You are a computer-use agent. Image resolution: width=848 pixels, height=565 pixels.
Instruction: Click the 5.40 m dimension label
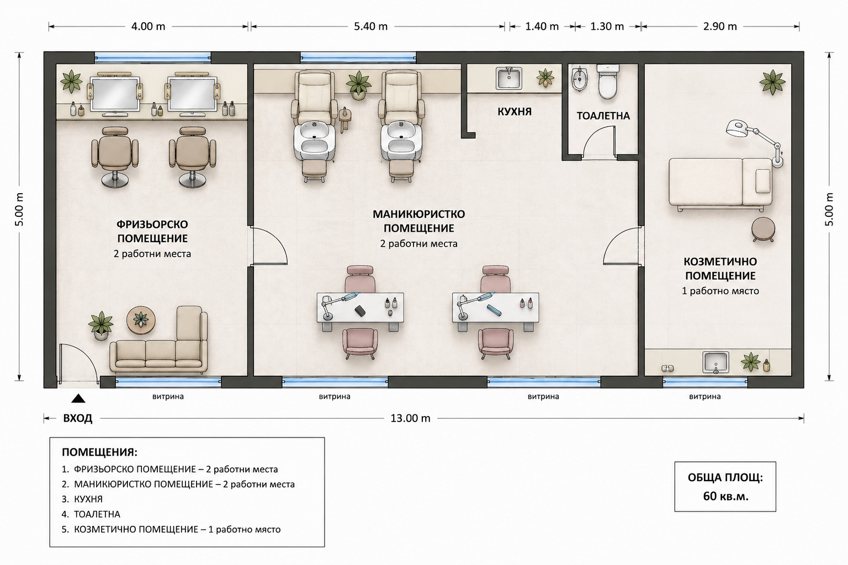pyautogui.click(x=370, y=26)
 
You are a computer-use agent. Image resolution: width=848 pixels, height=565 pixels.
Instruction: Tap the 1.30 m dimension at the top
pyautogui.click(x=607, y=26)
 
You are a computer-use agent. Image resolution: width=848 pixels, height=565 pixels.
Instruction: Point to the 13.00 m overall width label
pyautogui.click(x=410, y=418)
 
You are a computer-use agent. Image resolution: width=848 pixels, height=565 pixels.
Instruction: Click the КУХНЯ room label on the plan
pyautogui.click(x=514, y=111)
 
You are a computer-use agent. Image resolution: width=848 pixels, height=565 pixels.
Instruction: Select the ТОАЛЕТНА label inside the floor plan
pyautogui.click(x=603, y=116)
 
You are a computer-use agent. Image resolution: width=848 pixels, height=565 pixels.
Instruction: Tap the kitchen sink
pyautogui.click(x=509, y=78)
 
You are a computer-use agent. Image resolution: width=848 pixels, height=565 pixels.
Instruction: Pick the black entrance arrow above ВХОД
pyautogui.click(x=78, y=398)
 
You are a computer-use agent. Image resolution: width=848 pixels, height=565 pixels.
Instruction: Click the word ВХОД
pyautogui.click(x=78, y=418)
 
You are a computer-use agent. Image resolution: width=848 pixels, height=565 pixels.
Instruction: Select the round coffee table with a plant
pyautogui.click(x=141, y=321)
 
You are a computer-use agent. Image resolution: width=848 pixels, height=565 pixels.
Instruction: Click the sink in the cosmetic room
pyautogui.click(x=715, y=363)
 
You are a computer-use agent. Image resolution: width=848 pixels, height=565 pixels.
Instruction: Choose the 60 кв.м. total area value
pyautogui.click(x=726, y=496)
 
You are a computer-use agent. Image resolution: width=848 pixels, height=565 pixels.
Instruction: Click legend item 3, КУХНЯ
pyautogui.click(x=88, y=499)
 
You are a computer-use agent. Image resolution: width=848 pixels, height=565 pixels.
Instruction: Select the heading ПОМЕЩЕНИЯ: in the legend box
pyautogui.click(x=99, y=452)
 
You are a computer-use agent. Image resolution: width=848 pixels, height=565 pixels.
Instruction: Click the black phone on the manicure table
pyautogui.click(x=360, y=311)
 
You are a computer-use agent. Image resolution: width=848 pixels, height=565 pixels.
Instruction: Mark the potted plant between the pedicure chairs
pyautogui.click(x=358, y=85)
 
